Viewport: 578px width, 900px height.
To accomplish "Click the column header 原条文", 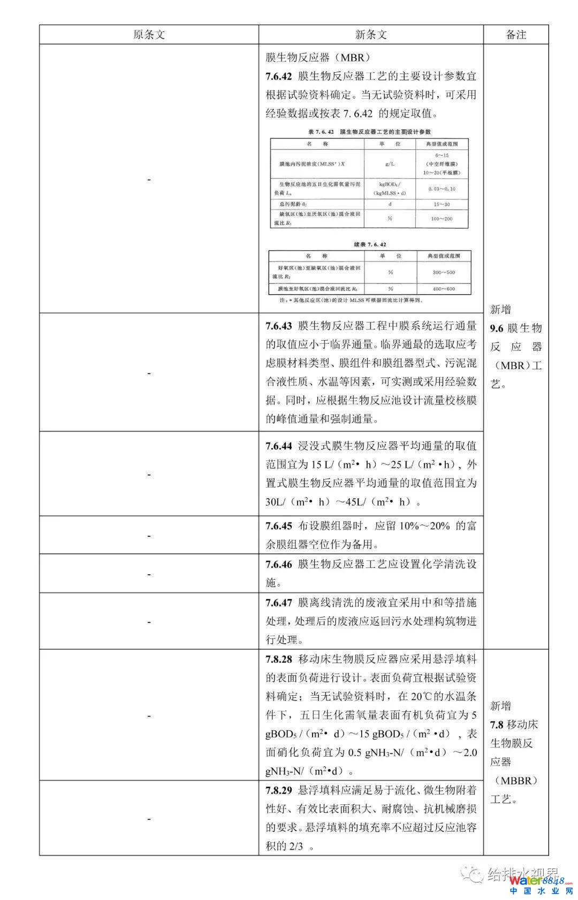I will click(149, 35).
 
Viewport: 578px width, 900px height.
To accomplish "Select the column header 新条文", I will click(371, 35).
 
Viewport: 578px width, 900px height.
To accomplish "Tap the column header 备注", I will click(516, 35).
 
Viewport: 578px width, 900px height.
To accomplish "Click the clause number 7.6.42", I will click(279, 76).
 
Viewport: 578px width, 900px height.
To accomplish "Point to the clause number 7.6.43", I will click(279, 326).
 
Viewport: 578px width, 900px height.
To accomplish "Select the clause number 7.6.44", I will click(279, 446).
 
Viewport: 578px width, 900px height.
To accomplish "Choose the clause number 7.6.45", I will click(279, 526).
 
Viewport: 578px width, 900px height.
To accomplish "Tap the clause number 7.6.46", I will click(279, 564).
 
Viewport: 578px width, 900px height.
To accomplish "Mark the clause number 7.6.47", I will click(279, 603).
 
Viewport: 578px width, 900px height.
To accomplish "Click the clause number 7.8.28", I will click(279, 659).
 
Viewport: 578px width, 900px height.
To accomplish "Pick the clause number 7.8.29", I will click(279, 790).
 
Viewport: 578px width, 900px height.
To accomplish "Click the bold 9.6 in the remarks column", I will click(497, 328).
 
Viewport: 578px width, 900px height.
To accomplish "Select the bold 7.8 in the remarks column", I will click(497, 725).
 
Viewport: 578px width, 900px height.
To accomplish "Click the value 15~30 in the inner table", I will click(442, 204).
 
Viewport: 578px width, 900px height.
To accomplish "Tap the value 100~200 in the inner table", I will click(442, 219).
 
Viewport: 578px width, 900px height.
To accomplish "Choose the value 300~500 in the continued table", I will click(444, 273).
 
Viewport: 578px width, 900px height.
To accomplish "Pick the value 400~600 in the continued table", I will click(444, 289).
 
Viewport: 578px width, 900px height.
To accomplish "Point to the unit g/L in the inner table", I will click(390, 164).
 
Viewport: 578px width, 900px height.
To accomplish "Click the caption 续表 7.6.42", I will click(370, 244).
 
